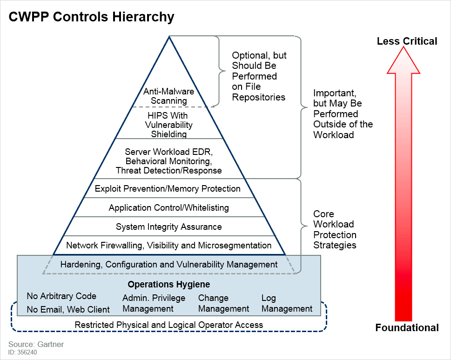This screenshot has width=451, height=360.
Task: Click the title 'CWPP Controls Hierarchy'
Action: tap(92, 17)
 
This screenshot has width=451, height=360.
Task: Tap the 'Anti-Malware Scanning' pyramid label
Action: tap(168, 96)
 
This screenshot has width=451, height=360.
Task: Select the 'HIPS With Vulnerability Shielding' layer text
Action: tap(168, 125)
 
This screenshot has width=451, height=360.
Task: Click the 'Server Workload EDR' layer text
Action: tap(168, 161)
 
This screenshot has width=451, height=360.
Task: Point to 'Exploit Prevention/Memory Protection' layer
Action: tap(168, 188)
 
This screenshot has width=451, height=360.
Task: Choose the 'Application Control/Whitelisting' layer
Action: tap(168, 207)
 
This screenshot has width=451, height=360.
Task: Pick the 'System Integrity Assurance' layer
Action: tap(168, 227)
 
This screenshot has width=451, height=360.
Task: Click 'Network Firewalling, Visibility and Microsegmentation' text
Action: tap(168, 245)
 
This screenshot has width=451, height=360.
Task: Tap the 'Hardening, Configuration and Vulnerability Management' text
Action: tap(168, 264)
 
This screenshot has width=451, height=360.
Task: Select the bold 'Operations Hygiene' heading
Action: tap(168, 284)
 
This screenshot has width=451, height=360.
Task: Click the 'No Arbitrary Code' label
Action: tap(61, 296)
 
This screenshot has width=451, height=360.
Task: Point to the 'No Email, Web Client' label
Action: tap(68, 309)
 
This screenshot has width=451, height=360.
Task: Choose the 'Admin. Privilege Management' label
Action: tap(154, 303)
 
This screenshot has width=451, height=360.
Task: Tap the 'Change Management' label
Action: tap(223, 303)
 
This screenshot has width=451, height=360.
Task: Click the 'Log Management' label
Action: tap(287, 303)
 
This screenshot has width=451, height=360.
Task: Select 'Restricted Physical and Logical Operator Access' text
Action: tap(168, 325)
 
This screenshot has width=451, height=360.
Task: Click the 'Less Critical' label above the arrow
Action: tap(407, 41)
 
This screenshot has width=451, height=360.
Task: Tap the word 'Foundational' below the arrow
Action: tap(407, 328)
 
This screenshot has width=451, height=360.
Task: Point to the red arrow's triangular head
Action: tap(404, 63)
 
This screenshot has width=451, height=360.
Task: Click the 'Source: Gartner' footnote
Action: tap(36, 344)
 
